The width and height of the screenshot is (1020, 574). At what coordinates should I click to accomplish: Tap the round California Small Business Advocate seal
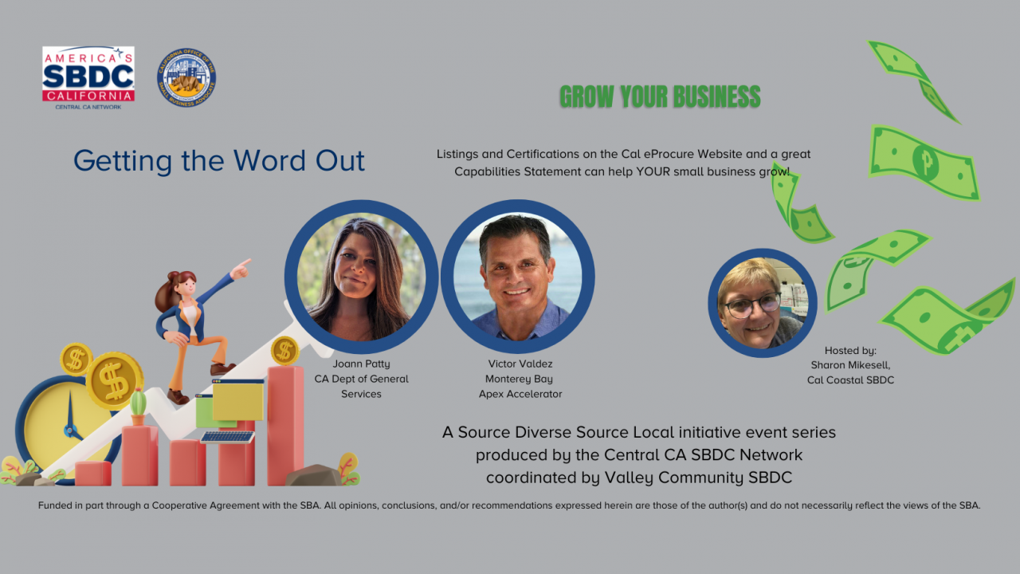pos(186,77)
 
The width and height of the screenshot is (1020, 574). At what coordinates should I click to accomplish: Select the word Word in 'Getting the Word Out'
pos(269,160)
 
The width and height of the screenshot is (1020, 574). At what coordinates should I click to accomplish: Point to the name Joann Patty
pos(361,364)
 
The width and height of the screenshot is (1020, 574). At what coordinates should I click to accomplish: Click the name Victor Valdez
pos(520,364)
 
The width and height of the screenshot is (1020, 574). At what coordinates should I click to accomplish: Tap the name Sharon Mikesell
pos(850,365)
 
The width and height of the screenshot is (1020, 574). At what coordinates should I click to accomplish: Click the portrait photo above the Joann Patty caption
pos(361,277)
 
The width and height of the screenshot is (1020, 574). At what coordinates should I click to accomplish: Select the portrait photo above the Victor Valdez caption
pos(518,277)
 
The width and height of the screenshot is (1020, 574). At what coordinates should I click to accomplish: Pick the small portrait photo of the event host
pos(763,303)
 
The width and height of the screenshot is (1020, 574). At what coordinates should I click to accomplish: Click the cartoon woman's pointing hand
pos(241,269)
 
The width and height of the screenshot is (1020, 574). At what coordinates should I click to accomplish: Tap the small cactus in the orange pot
pos(138,407)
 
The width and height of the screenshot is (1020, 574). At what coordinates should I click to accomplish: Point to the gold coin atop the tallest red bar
pos(285,351)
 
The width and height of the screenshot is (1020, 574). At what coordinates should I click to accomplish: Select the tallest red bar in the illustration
pos(285,426)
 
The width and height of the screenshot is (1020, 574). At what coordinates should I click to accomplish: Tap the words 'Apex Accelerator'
pos(520,394)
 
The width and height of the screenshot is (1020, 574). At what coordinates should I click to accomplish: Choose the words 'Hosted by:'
pos(850,350)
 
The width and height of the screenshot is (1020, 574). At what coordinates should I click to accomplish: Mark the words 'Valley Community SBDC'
pos(698,478)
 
